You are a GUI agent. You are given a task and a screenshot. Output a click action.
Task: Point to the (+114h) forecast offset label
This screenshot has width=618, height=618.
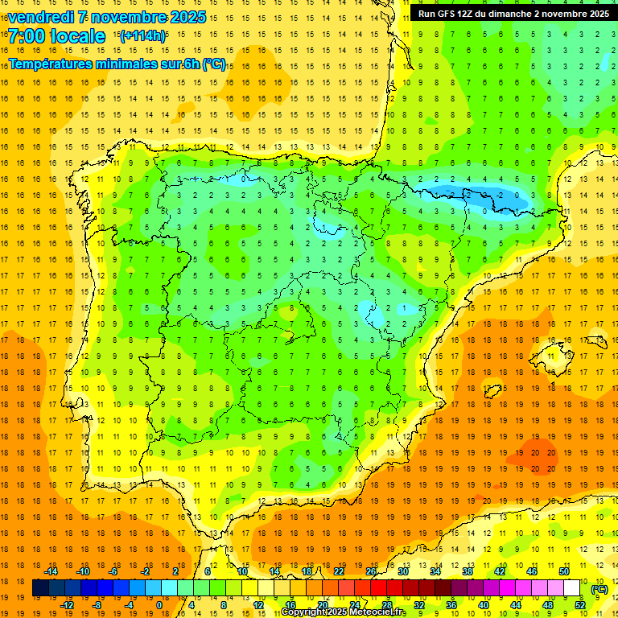[142, 35]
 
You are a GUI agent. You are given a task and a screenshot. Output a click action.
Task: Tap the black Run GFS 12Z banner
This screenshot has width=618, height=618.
[513, 13]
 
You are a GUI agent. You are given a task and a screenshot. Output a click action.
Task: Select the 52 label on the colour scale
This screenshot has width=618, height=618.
[580, 605]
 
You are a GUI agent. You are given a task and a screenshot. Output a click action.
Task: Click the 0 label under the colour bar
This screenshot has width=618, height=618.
[159, 605]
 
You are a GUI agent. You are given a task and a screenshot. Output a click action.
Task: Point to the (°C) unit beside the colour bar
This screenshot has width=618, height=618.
[599, 588]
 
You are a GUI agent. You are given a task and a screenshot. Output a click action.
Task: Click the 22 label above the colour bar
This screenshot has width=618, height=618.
[339, 571]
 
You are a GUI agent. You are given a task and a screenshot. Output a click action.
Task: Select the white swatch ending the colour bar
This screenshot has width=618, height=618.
[572, 588]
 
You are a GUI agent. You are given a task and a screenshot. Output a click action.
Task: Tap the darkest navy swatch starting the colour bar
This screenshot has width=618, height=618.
[41, 588]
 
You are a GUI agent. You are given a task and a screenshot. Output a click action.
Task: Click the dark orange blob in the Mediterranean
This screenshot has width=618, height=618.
[538, 452]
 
